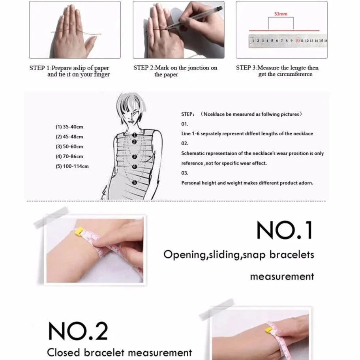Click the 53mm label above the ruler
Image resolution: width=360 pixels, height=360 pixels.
(281, 14)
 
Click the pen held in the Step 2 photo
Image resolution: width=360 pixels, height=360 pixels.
(195, 17)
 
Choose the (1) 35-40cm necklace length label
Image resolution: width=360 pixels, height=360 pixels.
(69, 127)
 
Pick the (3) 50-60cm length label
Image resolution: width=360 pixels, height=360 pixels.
(69, 146)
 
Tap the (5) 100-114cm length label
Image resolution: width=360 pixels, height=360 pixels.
(72, 166)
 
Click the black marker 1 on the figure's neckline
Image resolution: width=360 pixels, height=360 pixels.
(134, 135)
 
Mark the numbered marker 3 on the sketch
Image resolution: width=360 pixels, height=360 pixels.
(135, 157)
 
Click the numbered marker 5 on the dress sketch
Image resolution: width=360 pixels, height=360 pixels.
(135, 182)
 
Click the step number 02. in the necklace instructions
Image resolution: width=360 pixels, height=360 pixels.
(185, 144)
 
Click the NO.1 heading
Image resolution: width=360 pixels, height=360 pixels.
(285, 230)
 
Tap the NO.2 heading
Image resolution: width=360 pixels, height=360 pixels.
(78, 331)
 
